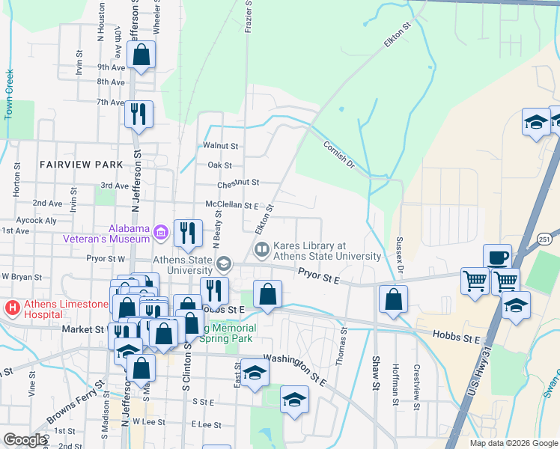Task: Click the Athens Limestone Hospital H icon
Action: pyautogui.click(x=12, y=308)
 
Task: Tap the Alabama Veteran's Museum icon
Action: pyautogui.click(x=160, y=233)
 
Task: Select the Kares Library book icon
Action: pyautogui.click(x=262, y=249)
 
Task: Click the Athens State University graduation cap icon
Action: pyautogui.click(x=223, y=264)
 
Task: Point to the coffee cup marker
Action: pyautogui.click(x=497, y=257)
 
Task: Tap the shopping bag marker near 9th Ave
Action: pyautogui.click(x=141, y=55)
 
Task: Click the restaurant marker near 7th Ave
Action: pyautogui.click(x=139, y=114)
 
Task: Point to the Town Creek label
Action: pyautogui.click(x=10, y=93)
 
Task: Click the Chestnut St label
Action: pyautogui.click(x=238, y=183)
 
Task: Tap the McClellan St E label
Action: pyautogui.click(x=232, y=205)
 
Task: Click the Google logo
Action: pyautogui.click(x=25, y=440)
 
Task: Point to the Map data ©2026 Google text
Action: pyautogui.click(x=513, y=442)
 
